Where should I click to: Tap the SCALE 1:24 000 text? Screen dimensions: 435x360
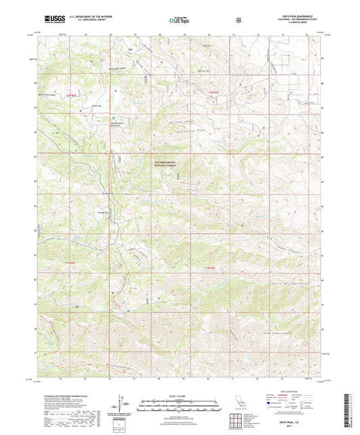tap(180, 394)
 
